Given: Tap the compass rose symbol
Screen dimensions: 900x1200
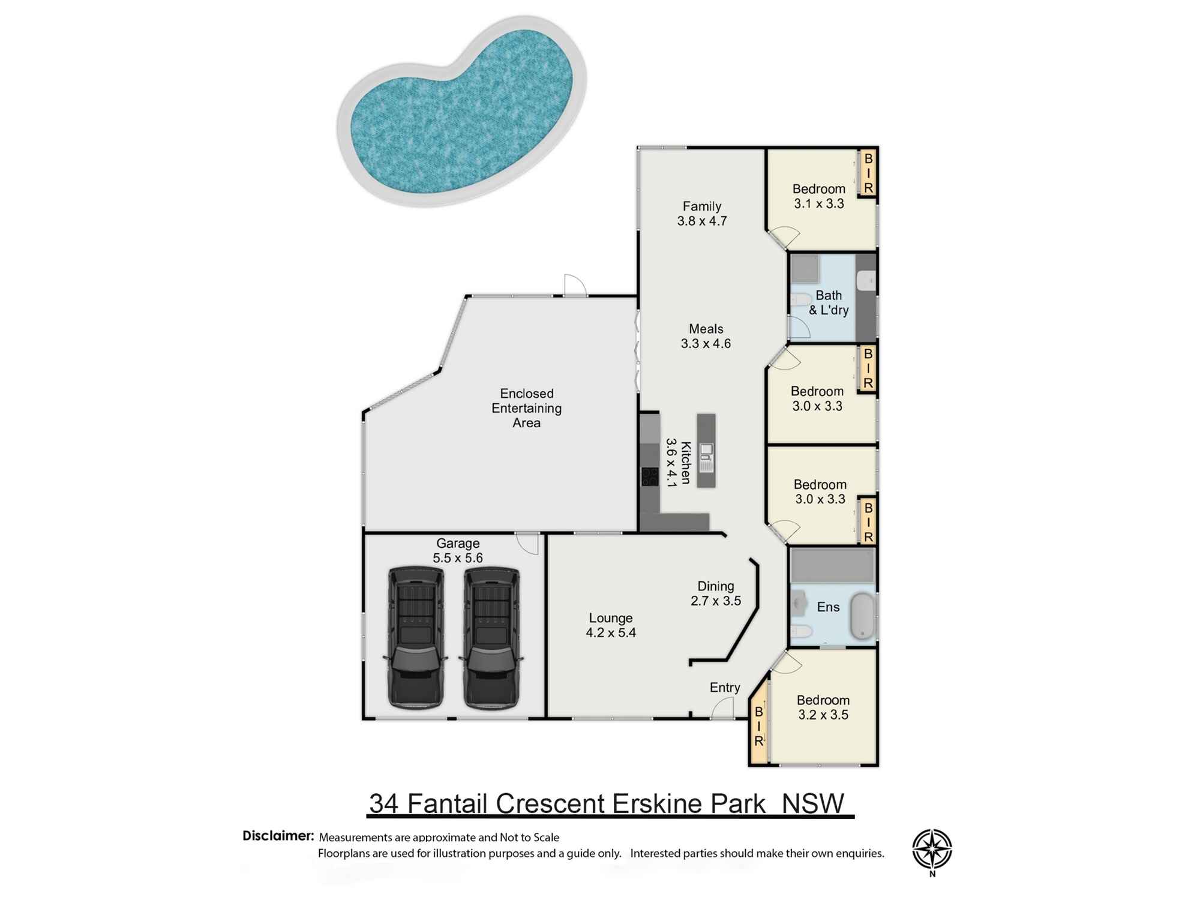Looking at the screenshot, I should tap(932, 849).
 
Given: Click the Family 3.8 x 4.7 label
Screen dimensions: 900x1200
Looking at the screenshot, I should tap(701, 214).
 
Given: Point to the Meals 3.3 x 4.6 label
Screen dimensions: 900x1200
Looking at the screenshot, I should tap(706, 336).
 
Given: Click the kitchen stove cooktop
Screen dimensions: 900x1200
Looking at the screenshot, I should tap(650, 477).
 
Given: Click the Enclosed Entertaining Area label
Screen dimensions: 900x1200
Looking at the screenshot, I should tap(526, 408).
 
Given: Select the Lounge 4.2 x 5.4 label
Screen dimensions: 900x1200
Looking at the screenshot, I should tap(611, 625).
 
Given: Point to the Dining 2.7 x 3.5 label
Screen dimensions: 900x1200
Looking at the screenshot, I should tap(715, 593).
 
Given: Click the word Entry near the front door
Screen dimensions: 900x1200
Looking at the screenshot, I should tap(725, 688).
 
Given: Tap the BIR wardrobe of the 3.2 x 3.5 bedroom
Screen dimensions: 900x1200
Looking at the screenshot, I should tap(758, 726).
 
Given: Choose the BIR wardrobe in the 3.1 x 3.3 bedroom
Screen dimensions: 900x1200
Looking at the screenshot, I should tap(868, 173).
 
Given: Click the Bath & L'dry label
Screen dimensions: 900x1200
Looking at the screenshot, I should tap(829, 303).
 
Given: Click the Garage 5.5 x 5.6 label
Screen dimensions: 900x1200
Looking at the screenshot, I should tap(458, 550).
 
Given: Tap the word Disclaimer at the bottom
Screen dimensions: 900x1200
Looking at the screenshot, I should tap(278, 836).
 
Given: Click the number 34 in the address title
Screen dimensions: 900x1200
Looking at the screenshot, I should tap(383, 804).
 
